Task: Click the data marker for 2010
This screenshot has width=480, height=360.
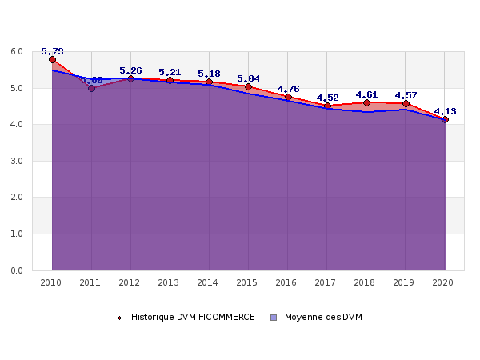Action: (x=52, y=60)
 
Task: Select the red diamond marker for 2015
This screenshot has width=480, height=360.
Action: (x=248, y=87)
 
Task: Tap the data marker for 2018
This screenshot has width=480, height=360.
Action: (x=366, y=102)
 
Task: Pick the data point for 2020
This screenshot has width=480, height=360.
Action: (x=445, y=120)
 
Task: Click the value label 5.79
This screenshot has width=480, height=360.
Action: (x=52, y=51)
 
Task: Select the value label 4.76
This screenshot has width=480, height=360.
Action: (x=288, y=89)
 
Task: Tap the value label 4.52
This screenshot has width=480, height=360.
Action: (x=327, y=98)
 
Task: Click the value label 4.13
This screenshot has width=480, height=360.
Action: (x=445, y=111)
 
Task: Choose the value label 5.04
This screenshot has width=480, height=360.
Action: (x=248, y=78)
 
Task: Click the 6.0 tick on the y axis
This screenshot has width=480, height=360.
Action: (x=16, y=52)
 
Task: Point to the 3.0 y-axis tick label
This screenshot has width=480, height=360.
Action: (x=16, y=162)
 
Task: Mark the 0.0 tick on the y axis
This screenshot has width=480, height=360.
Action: (x=16, y=270)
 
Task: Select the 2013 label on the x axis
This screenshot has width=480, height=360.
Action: (x=170, y=282)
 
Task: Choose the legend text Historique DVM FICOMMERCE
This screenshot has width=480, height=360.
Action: (x=193, y=318)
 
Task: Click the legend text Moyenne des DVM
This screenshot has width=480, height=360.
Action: (x=323, y=318)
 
